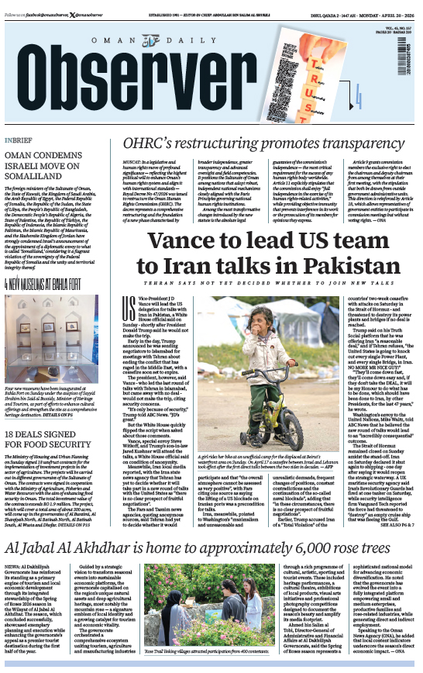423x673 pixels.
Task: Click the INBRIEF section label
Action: pyautogui.click(x=19, y=140)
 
